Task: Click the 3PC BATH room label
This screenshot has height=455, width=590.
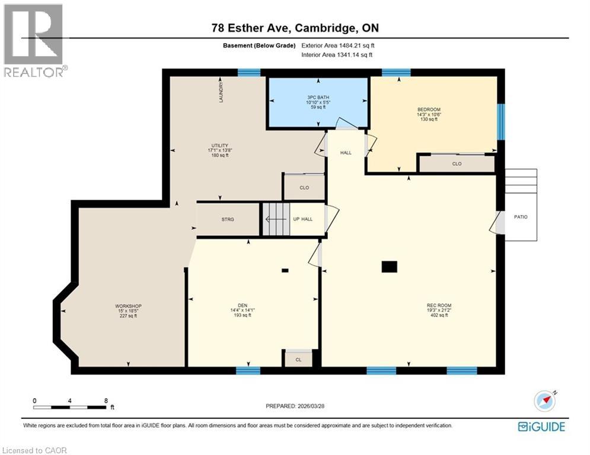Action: click(318, 98)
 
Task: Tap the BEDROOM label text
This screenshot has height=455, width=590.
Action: click(429, 110)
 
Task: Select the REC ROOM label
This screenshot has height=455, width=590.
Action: click(439, 305)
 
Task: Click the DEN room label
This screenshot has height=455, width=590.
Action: click(243, 305)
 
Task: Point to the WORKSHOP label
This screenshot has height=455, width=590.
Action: click(128, 306)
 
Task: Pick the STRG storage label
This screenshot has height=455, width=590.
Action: click(228, 219)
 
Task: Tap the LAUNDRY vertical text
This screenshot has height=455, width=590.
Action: click(221, 92)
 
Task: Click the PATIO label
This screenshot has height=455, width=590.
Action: click(521, 217)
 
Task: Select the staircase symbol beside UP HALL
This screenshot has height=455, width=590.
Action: click(275, 219)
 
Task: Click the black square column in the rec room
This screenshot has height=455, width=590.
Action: click(389, 267)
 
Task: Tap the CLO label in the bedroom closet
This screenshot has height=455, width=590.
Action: click(457, 164)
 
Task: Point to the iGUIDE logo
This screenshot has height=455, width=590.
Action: click(541, 427)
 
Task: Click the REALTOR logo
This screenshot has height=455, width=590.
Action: click(34, 40)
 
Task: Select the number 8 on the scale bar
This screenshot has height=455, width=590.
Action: click(106, 400)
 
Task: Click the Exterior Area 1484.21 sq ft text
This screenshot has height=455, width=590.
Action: click(337, 45)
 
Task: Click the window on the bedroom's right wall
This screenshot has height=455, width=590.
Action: click(501, 121)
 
